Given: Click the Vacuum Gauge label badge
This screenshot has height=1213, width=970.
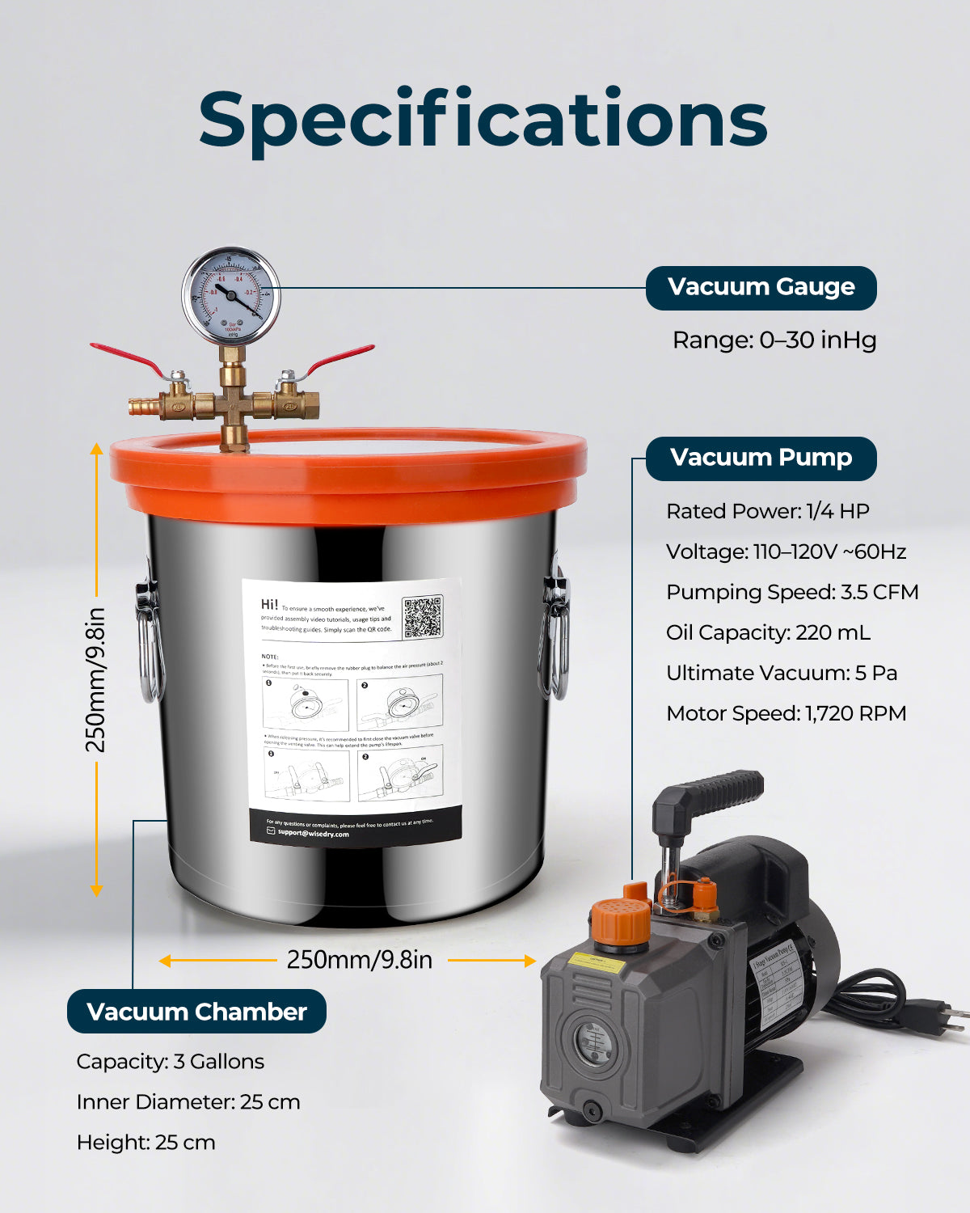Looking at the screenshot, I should (x=761, y=288).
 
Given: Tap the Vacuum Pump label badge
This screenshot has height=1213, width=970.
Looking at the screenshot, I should (x=761, y=459).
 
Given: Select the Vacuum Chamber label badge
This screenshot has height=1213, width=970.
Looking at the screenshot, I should (x=196, y=1012).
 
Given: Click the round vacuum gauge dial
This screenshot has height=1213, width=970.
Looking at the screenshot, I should (x=231, y=297).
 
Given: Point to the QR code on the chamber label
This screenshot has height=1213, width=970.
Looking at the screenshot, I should (x=422, y=617).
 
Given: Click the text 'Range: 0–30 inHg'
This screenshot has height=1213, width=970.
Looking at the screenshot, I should (x=774, y=340).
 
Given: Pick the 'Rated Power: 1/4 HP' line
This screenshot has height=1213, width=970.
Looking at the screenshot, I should (x=767, y=511).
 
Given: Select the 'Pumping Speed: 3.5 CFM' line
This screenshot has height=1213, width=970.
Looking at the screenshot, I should (x=792, y=592).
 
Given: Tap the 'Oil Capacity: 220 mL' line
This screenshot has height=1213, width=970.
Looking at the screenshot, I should (x=768, y=632).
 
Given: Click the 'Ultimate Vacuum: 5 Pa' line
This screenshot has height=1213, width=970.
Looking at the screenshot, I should (x=782, y=673).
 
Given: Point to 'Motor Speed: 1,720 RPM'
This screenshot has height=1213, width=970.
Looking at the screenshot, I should (x=786, y=713).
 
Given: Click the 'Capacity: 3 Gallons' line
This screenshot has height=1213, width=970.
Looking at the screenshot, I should (x=170, y=1061).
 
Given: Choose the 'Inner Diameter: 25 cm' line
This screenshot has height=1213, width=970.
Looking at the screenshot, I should (x=188, y=1101).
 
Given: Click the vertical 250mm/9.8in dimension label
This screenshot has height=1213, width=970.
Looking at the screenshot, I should (x=96, y=679).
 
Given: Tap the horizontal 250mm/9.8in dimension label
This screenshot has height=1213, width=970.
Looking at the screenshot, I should (x=359, y=960).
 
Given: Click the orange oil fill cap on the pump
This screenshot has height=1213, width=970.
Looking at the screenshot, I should (x=620, y=922).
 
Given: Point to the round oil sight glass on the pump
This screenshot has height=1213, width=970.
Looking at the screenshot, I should (x=593, y=1043).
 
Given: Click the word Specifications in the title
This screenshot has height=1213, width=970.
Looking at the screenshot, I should (x=483, y=120).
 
